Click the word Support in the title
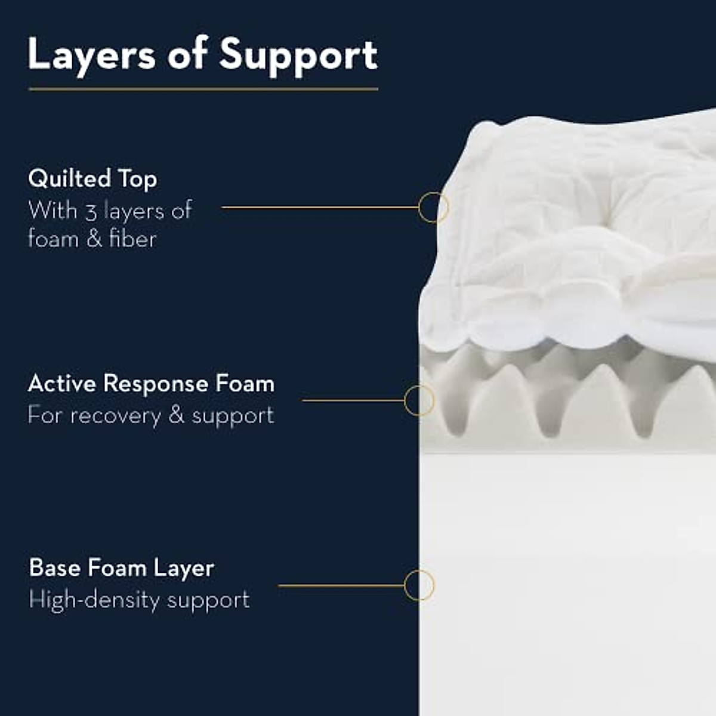298,55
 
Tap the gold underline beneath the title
203,89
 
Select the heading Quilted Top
92,178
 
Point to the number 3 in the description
91,211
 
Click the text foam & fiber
92,239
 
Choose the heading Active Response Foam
151,384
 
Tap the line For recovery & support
151,415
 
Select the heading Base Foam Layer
121,567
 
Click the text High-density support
139,600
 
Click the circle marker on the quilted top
433,208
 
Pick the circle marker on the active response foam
419,400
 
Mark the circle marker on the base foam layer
419,585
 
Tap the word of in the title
187,55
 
